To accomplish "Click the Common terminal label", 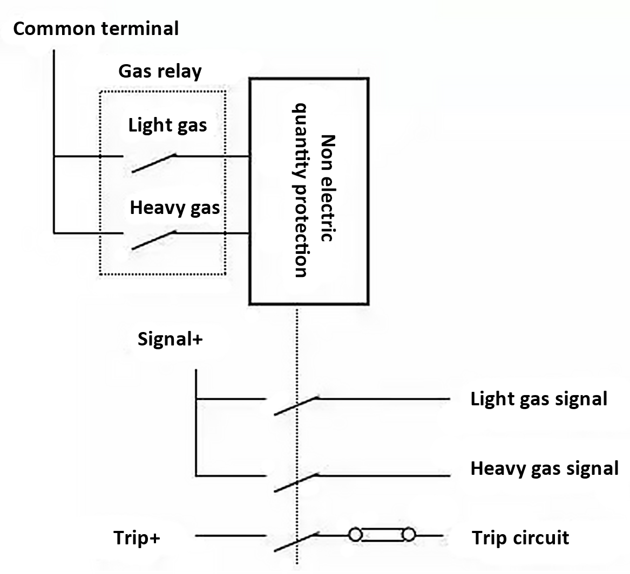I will coord(96,29).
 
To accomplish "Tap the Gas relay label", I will coord(160,71).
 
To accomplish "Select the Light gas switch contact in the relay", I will coord(154,163).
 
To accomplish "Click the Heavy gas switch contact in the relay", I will coord(154,240).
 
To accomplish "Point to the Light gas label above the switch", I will coord(167,126).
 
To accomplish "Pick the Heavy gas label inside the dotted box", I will coord(175,208).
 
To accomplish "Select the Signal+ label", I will coord(170,339).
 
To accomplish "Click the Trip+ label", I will coord(137,538).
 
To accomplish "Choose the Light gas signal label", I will coord(539,399).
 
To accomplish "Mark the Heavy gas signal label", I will coord(544,468).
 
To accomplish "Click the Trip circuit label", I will coord(520,538).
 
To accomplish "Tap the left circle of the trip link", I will coord(355,535).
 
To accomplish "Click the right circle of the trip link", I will coord(409,535).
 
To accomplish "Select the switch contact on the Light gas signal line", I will coord(296,405).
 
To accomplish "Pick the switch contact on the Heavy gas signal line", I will coord(296,482).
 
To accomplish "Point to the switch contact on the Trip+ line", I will coord(296,542).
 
